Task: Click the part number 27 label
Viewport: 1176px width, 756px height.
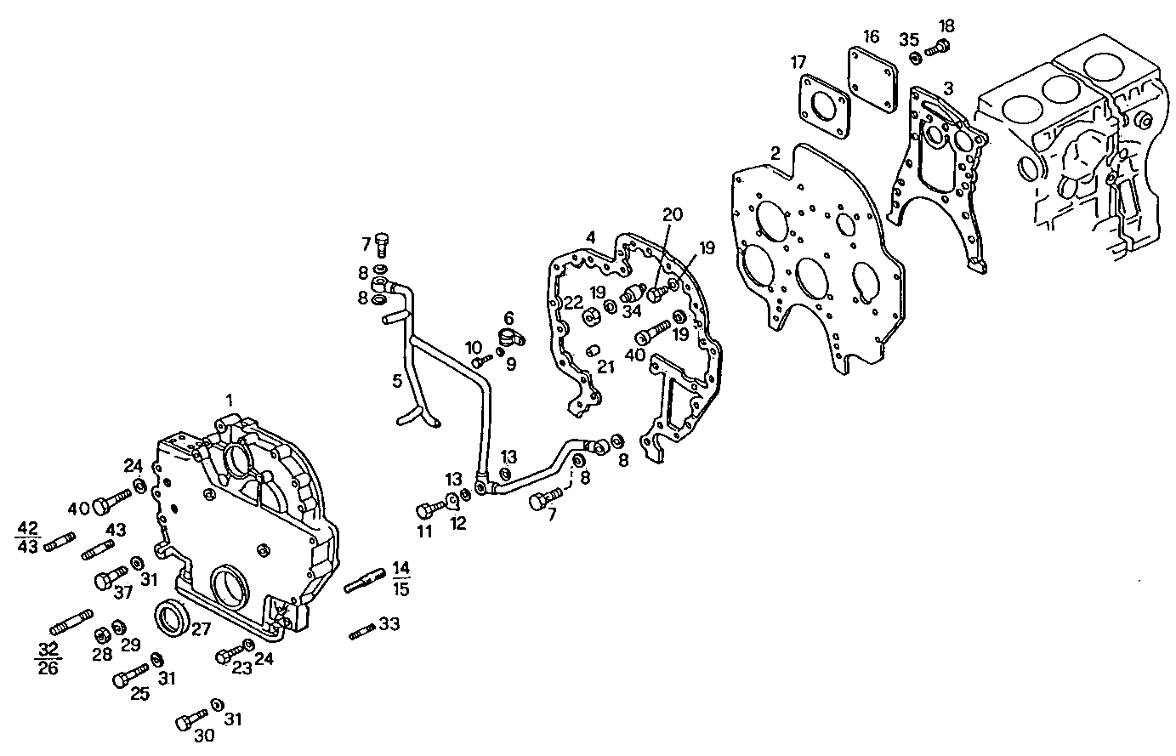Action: [201, 630]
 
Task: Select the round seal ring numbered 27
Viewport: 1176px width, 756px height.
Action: [173, 615]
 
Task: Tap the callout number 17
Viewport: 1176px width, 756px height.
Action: [798, 62]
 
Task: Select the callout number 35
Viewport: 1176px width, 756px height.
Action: [909, 39]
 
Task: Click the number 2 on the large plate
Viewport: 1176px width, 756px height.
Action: [775, 154]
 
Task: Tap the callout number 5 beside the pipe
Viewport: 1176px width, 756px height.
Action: [397, 381]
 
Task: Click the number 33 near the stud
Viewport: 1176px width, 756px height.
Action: [389, 625]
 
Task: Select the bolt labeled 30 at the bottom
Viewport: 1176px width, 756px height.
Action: [190, 720]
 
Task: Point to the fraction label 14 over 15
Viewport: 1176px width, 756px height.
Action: [401, 577]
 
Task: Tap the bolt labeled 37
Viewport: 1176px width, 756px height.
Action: [106, 580]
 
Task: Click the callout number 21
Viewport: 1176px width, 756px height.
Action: [605, 367]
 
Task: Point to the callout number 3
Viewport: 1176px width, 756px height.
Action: [948, 88]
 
